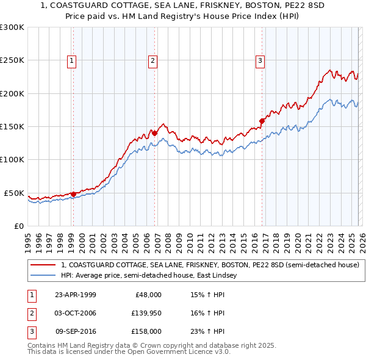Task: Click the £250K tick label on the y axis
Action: [12, 60]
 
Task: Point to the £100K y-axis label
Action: [12, 159]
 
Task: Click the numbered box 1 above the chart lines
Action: [72, 60]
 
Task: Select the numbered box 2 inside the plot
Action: [152, 60]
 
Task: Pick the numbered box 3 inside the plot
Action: [260, 60]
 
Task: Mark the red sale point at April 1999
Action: [73, 194]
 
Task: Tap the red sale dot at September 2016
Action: [262, 121]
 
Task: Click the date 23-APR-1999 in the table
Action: [76, 295]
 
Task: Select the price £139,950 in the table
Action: [146, 313]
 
